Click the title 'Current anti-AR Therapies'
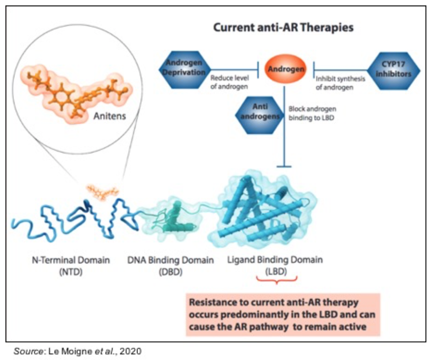pyautogui.click(x=283, y=28)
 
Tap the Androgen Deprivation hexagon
pyautogui.click(x=183, y=68)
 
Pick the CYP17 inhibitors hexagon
pyautogui.click(x=393, y=69)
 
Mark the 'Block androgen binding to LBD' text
pyautogui.click(x=312, y=114)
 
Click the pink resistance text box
pyautogui.click(x=283, y=314)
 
